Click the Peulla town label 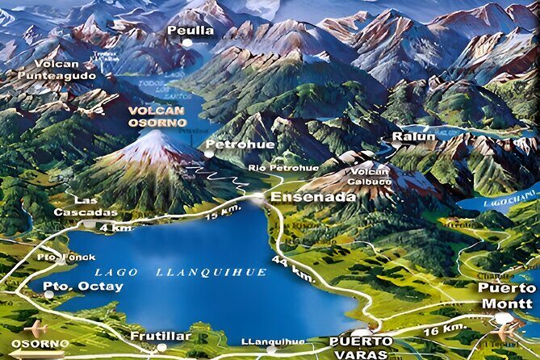(x=190, y=30)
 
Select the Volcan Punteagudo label (x=65, y=69)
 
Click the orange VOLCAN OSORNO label (x=157, y=116)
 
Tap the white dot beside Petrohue (x=208, y=152)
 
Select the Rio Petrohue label (x=272, y=168)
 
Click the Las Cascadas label (x=95, y=206)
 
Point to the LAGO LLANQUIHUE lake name (x=179, y=273)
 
